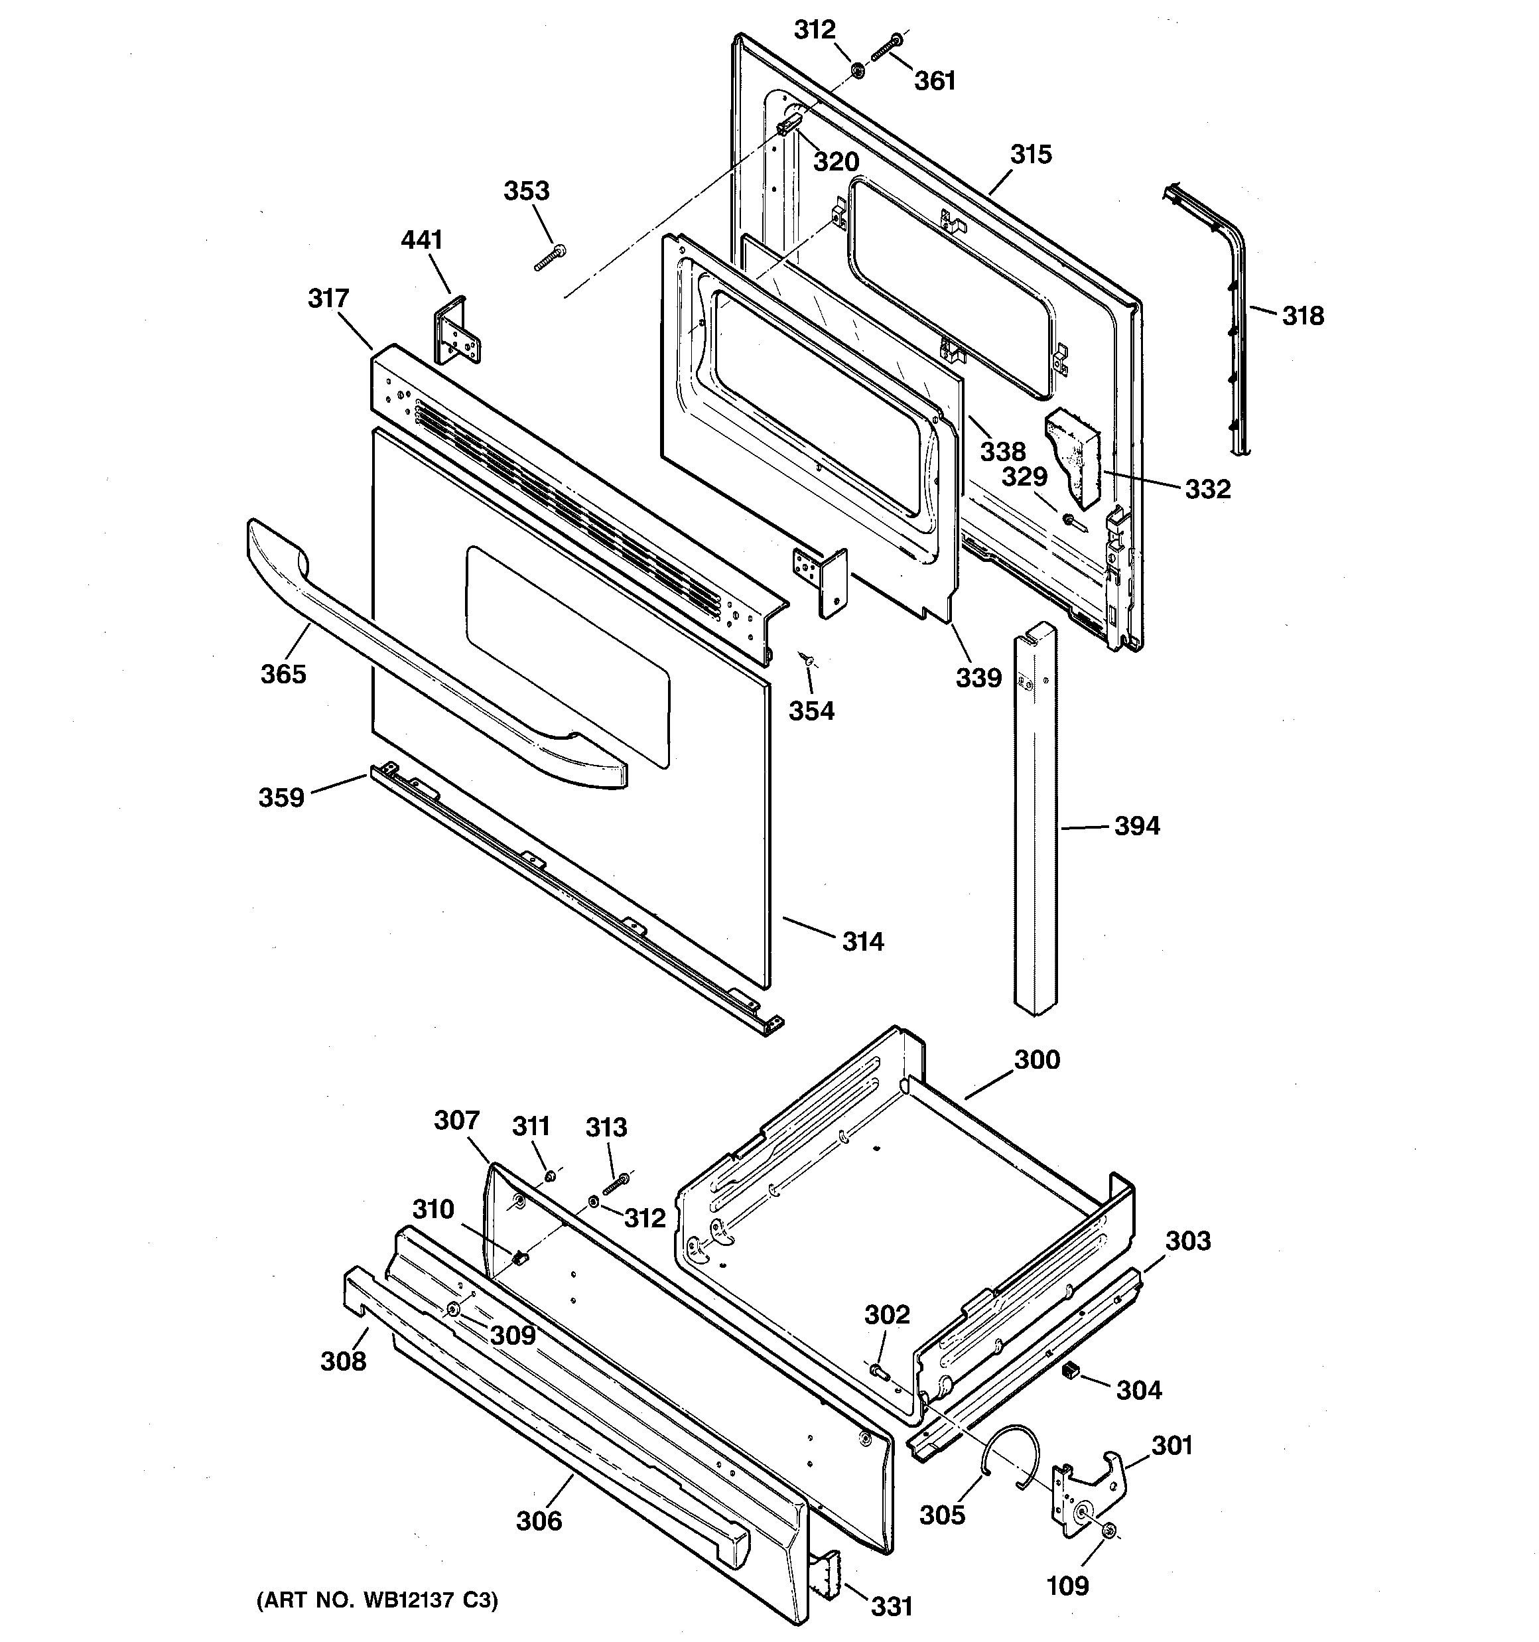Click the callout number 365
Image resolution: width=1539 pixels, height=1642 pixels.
click(x=283, y=674)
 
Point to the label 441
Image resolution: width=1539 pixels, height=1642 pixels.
click(x=421, y=240)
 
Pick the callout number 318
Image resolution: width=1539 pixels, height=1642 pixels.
click(x=1303, y=316)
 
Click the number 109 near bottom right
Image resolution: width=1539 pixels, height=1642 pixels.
click(x=1067, y=1586)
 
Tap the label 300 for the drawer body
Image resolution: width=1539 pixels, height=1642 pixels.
click(x=1037, y=1060)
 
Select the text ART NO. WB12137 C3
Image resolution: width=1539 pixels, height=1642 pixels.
click(x=377, y=1601)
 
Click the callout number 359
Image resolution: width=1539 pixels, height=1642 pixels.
click(x=281, y=798)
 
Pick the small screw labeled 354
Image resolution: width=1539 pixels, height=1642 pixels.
click(x=805, y=658)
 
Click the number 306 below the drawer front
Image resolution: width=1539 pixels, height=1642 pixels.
click(x=539, y=1521)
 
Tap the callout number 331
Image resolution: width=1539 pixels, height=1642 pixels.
click(x=892, y=1606)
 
